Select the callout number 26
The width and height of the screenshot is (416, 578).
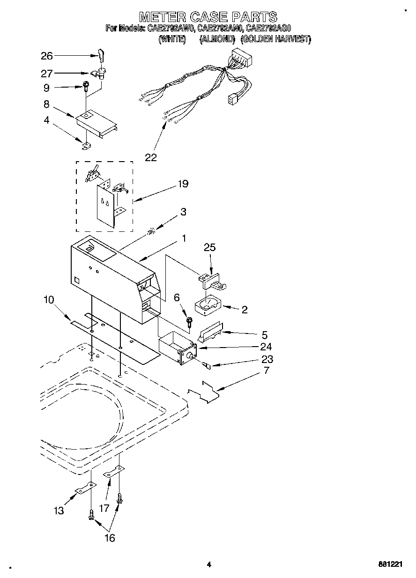47,56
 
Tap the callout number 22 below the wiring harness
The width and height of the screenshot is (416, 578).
150,157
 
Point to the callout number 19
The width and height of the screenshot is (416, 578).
183,184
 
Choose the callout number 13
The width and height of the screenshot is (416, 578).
59,511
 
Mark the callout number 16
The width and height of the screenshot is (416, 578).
109,538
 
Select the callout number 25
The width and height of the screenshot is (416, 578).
210,247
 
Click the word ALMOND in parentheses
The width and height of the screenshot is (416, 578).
217,40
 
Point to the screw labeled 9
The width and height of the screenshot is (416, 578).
87,86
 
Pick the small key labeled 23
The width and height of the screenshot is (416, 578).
207,365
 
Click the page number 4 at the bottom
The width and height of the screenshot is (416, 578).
208,564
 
